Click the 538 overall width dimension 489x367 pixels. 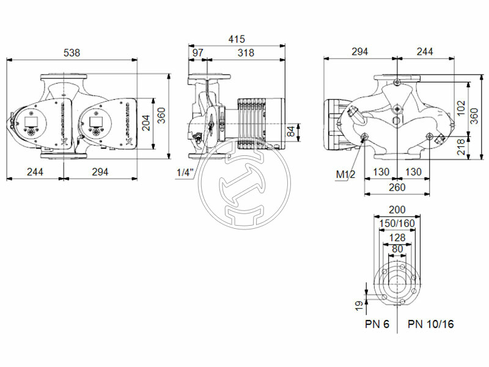pos(72,53)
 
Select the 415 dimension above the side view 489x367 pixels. pos(237,39)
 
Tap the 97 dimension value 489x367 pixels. pos(198,53)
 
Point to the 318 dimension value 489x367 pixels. pos(246,53)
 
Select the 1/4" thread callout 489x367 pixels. pos(185,173)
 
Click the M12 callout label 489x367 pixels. pos(345,175)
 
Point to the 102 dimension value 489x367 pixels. pos(461,109)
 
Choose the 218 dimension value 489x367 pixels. pos(461,147)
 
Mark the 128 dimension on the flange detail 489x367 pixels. pos(397,237)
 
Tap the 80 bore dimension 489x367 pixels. pos(397,249)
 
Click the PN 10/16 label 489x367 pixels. pos(431,324)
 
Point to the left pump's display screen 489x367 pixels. pos(31,117)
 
